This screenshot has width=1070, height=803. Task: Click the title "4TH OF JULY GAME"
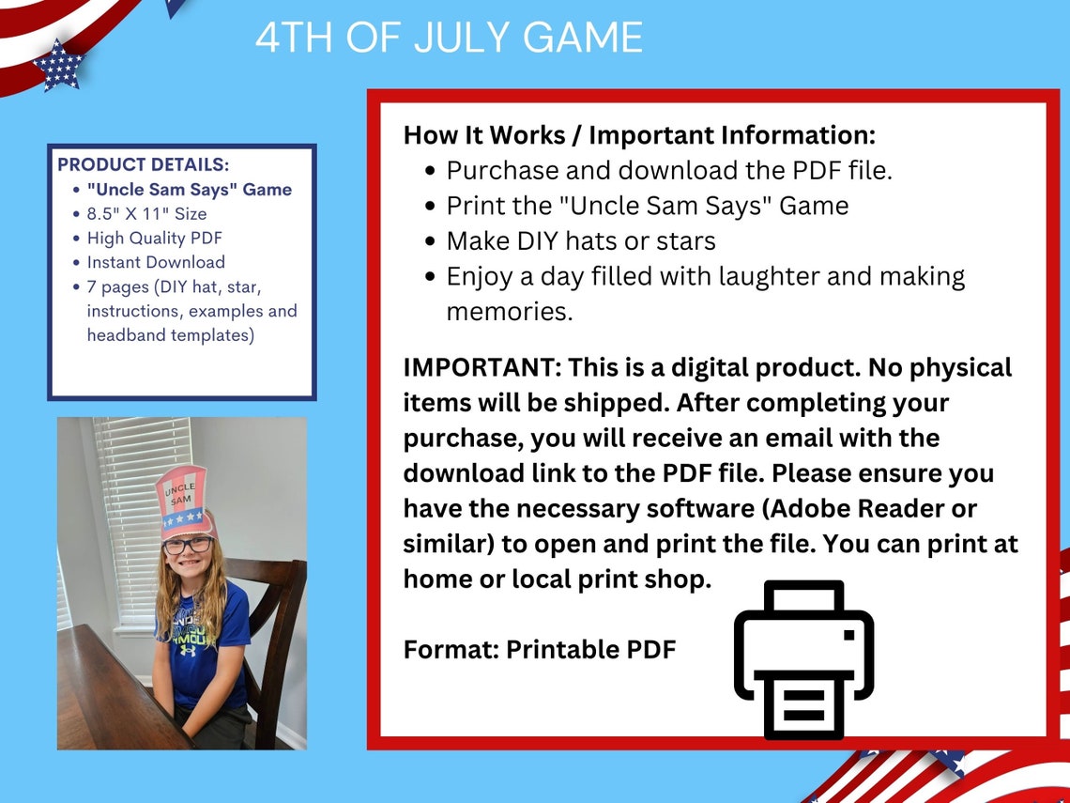[x=449, y=38]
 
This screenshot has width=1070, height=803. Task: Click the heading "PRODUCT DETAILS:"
[x=143, y=164]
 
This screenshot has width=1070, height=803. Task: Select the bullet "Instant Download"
[x=156, y=262]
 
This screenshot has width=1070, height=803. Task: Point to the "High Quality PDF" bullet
[x=154, y=238]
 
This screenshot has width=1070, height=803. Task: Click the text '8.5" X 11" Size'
[x=146, y=213]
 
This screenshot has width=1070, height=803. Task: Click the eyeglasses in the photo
[x=188, y=545]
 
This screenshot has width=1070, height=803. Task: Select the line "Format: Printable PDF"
[x=540, y=649]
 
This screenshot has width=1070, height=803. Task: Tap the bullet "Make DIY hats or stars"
[x=580, y=240]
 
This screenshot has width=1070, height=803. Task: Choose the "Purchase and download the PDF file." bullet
[x=668, y=170]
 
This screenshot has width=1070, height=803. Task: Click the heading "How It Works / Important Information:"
[x=639, y=134]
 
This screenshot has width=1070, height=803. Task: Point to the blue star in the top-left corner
[x=58, y=67]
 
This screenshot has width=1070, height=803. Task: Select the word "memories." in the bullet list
[x=509, y=311]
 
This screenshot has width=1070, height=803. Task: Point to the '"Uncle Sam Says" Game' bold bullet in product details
[x=189, y=189]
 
